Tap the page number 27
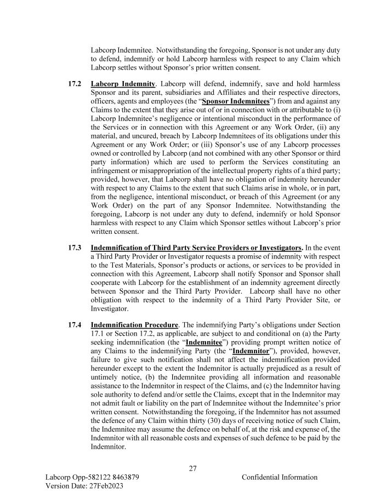pos(192,468)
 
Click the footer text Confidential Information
pos(279,477)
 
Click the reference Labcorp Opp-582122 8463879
pos(92,477)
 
